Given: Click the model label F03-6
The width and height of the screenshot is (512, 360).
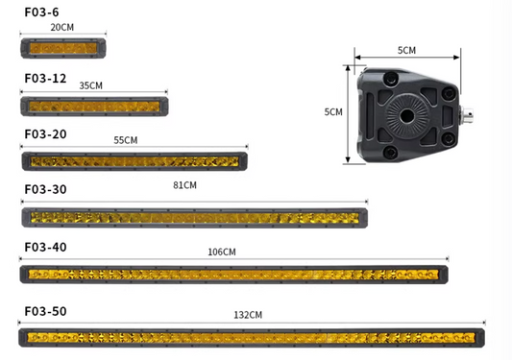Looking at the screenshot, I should pos(42,12).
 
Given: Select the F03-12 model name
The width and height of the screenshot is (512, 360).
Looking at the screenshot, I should pos(45,78).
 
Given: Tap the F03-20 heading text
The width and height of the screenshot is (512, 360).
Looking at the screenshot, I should pos(45,133).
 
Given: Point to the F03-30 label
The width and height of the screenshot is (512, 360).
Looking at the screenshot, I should pos(45,189).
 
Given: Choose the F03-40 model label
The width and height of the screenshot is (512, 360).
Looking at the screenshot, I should pos(45,247).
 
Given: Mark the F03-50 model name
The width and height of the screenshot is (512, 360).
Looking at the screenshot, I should pos(45,311).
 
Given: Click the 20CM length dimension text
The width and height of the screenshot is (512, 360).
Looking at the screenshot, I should pos(61,28).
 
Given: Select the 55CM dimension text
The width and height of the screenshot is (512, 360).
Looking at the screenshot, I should pos(126,140).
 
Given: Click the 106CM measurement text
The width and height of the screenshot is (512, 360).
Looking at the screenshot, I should pos(221,252).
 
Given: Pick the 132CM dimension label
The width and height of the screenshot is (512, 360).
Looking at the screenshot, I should pos(249,315).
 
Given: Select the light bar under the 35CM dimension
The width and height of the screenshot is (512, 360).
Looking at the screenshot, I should pos(94,105).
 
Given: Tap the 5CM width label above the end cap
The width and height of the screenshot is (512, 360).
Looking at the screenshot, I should pos(406,49).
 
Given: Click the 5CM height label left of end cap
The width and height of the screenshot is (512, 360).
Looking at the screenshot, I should pos(333,112).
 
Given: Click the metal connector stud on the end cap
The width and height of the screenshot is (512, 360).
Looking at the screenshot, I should pos(471,117).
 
